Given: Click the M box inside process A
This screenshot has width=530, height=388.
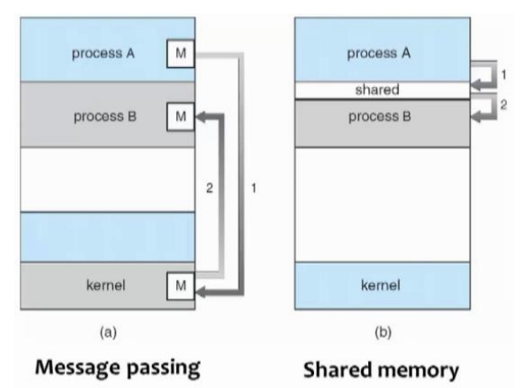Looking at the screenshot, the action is pos(181,53).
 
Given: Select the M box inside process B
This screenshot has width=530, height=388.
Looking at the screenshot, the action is pos(181,117).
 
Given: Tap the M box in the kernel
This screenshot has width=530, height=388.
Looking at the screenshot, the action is pos(181,286).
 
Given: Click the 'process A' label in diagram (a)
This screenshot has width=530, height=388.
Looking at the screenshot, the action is pos(104,53).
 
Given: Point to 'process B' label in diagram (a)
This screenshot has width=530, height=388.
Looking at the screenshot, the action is pos(105,117).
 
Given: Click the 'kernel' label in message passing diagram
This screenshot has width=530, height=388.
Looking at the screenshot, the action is pos(106,285).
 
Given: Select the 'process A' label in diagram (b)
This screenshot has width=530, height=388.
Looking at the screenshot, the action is pos(379,53).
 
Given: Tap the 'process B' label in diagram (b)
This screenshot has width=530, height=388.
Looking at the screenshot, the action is pos(380,117).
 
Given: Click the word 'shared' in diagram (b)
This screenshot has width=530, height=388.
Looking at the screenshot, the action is pos(377,90).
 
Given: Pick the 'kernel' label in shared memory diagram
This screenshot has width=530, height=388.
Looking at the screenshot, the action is pos(380,285).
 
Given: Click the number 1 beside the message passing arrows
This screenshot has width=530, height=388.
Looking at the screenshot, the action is pos(254,188).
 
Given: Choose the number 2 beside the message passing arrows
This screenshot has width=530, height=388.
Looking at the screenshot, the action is pos(210,188).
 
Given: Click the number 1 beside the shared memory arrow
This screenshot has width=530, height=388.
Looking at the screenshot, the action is pos(503,74).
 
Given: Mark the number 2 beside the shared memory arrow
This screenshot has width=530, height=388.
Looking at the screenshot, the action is pos(503,105).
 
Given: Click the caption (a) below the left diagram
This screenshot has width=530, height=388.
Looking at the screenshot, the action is pos(108,332).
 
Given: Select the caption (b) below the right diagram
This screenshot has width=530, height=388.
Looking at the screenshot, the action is pos(383,332).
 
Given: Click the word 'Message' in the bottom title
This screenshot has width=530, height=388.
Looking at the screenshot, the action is pos(79,368).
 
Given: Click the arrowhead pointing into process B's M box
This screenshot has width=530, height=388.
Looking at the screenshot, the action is pos(200,117).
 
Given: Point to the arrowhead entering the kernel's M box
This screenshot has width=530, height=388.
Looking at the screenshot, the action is pos(200,292).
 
